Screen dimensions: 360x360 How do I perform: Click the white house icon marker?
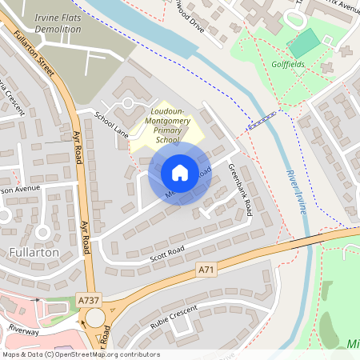click(x=180, y=172)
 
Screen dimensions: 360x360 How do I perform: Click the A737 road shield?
click(x=89, y=299)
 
